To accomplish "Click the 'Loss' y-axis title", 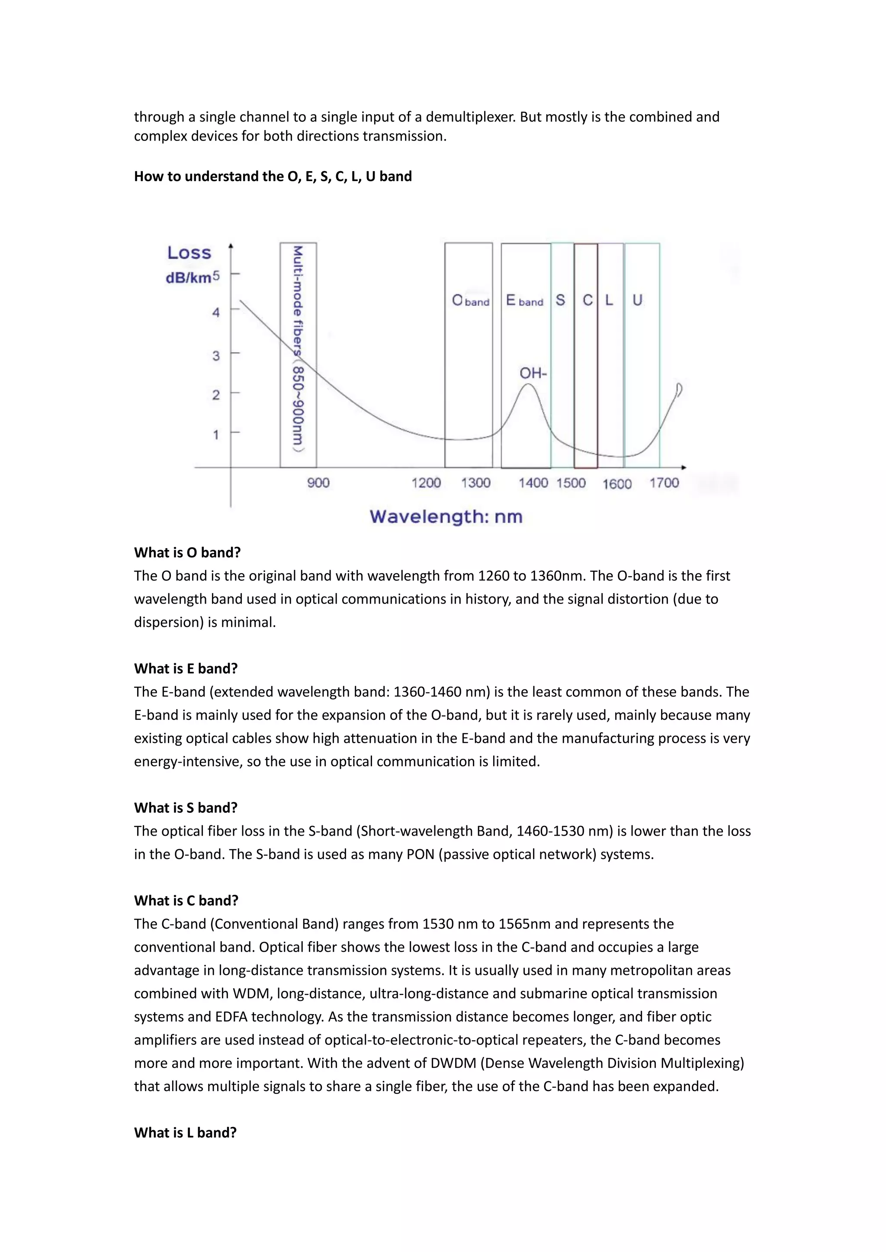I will coord(189,253).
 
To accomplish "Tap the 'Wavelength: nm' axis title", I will coord(446,516).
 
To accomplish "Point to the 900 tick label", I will coord(318,482).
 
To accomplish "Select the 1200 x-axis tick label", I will coord(426,482).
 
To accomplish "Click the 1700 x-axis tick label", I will coord(664,482).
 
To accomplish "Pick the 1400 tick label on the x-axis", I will coord(533,482).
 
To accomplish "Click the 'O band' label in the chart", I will coord(470,300).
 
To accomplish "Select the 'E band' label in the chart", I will coord(524,300).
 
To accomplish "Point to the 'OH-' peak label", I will coord(533,374).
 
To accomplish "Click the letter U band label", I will coord(637,300).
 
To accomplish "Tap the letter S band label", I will coord(560,300).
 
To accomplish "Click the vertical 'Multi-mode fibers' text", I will coord(298,349).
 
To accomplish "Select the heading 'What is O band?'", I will coord(187,553).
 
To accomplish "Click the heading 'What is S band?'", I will coord(186,808).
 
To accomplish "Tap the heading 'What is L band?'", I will coord(185,1133).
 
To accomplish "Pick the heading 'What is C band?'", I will coord(186,900).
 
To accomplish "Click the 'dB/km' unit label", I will coord(188,278).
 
